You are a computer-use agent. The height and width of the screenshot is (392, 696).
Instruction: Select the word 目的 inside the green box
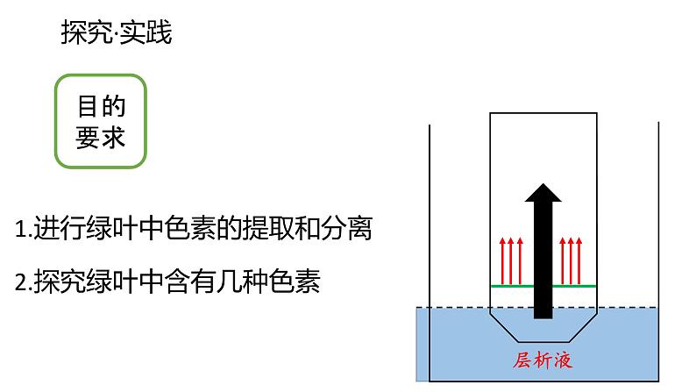click(x=101, y=107)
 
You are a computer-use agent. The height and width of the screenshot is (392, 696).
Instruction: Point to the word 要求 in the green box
click(x=101, y=139)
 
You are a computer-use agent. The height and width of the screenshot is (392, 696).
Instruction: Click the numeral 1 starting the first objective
click(x=21, y=231)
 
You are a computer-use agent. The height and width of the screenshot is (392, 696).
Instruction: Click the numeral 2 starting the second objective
click(x=21, y=282)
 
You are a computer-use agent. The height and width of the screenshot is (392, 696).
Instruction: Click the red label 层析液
click(x=543, y=360)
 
